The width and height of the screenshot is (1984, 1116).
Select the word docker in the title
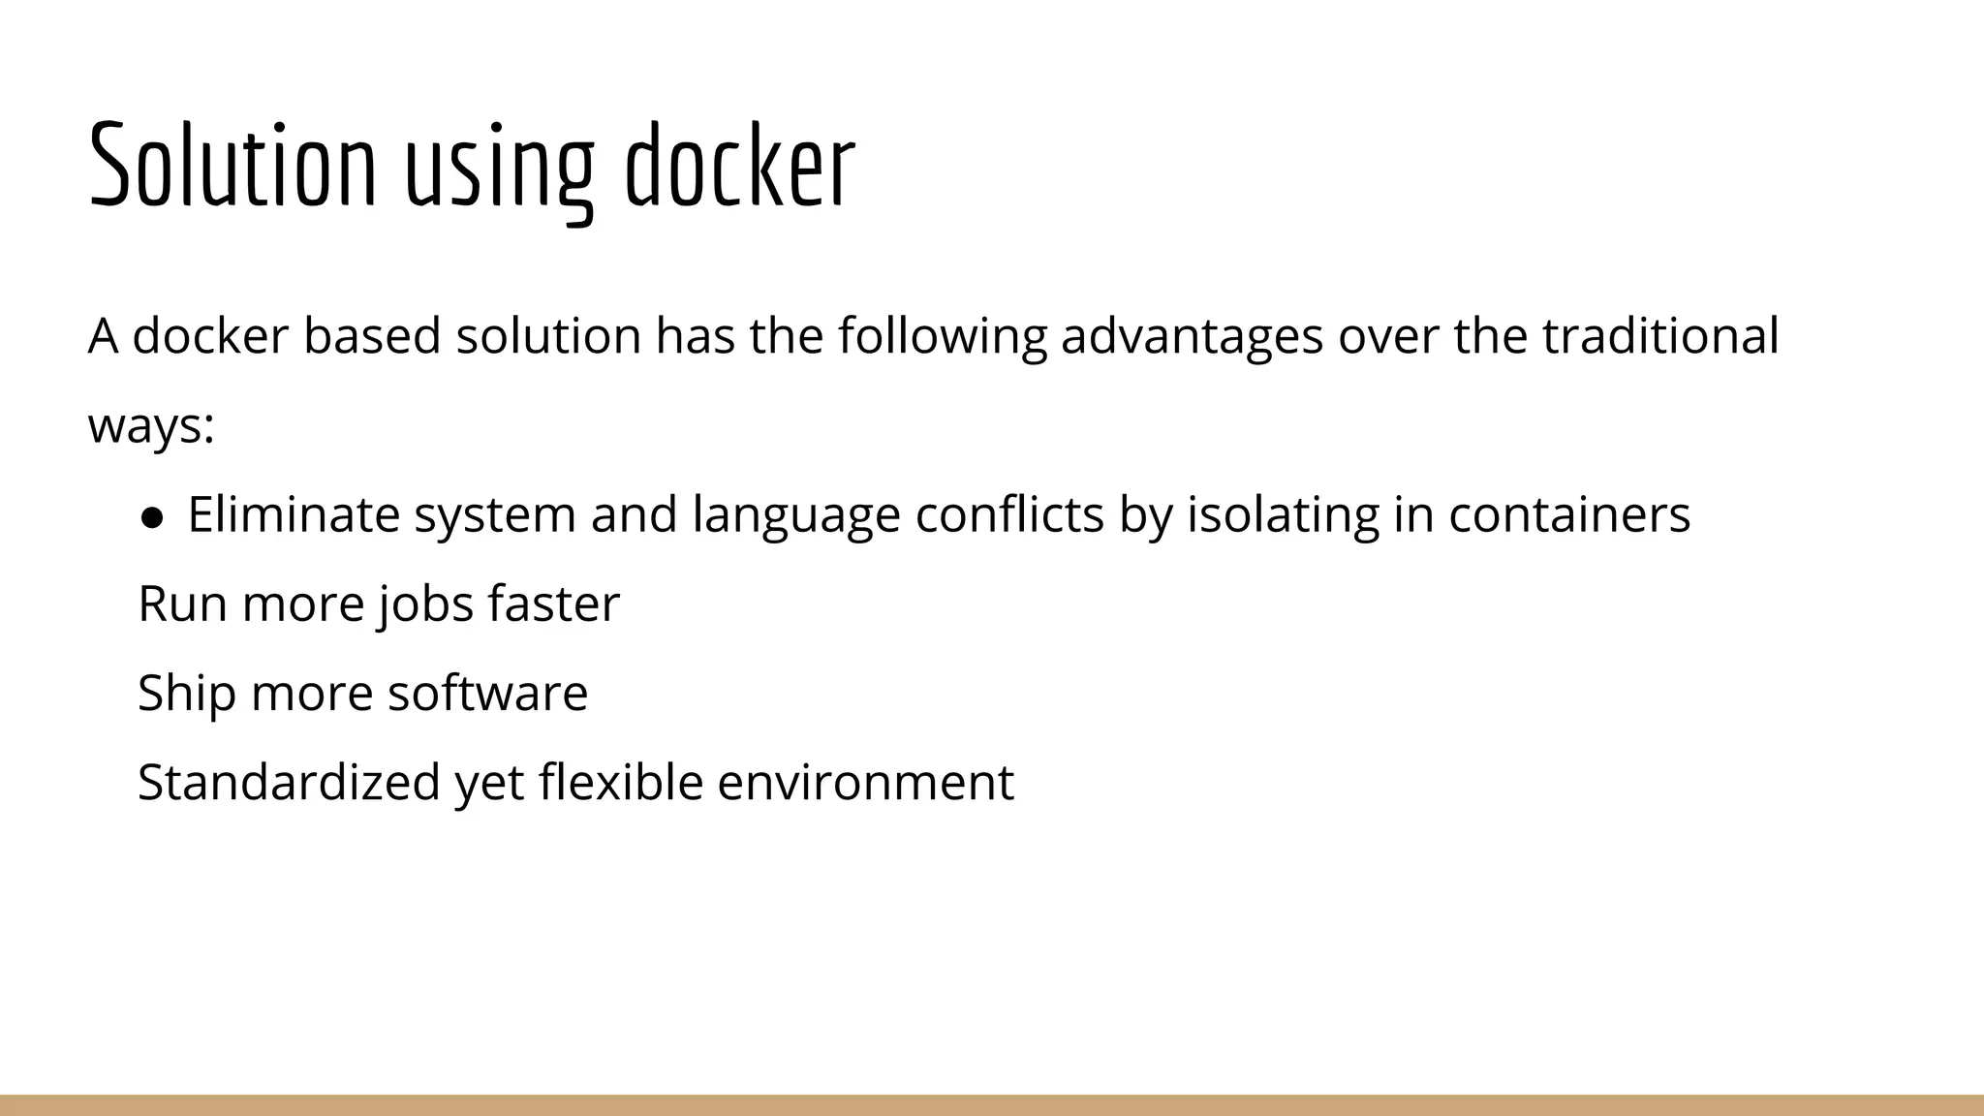pos(739,166)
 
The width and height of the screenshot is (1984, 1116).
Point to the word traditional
pos(1659,336)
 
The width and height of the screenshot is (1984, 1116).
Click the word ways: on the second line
pos(151,426)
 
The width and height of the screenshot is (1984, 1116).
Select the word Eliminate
pos(293,514)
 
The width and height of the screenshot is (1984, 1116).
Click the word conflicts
pos(1009,514)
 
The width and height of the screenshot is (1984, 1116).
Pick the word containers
pos(1569,514)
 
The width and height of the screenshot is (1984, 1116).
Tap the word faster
pos(553,604)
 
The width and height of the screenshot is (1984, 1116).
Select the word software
pos(487,694)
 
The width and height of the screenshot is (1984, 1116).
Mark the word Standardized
pos(289,783)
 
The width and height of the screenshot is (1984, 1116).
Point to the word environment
pos(865,783)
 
